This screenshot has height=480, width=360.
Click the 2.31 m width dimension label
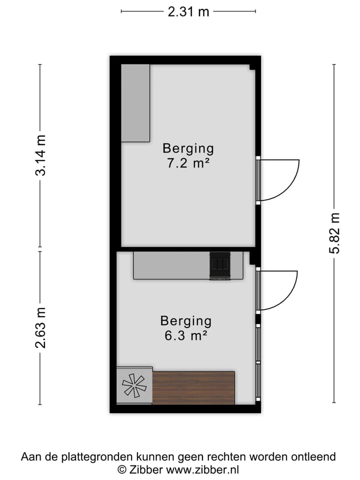coord(188,11)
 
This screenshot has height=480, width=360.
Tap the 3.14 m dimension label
coord(40,155)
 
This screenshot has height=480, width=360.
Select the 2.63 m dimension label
coord(40,327)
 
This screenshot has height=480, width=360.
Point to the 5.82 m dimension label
coord(334,233)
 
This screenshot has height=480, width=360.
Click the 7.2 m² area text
coord(188,163)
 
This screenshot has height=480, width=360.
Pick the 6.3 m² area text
coord(185,335)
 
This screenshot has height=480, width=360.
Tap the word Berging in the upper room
coord(188,148)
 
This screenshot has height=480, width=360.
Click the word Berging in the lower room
coord(185,321)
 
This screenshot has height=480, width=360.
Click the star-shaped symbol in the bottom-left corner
coord(134,385)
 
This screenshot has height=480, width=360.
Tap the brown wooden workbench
coord(193,387)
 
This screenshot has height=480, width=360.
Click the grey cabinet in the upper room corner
coord(135,103)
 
